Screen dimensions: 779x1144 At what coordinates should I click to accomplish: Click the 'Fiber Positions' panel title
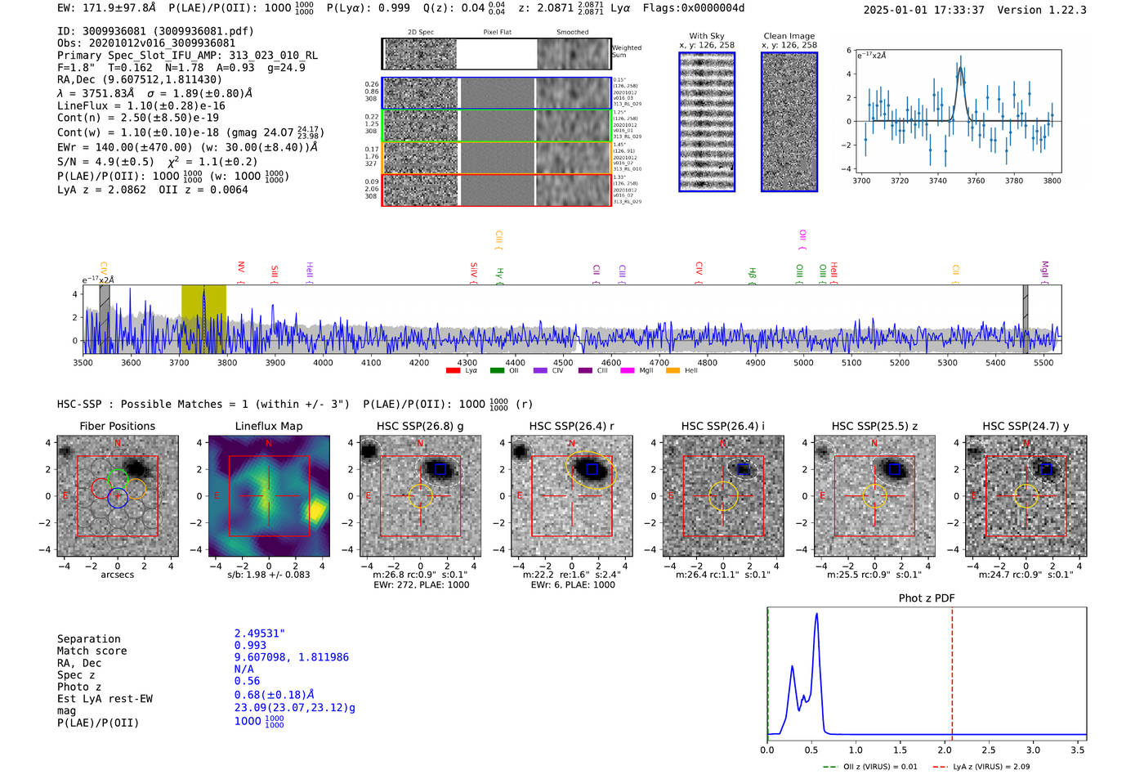tap(117, 426)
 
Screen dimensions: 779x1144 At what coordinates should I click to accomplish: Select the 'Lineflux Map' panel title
tap(268, 426)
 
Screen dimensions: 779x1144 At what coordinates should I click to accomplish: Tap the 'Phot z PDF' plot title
tap(926, 598)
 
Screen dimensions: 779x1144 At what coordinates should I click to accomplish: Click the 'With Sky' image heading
tap(706, 36)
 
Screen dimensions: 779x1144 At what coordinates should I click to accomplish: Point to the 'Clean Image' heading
tap(789, 36)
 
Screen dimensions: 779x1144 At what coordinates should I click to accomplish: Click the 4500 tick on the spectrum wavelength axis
tap(563, 362)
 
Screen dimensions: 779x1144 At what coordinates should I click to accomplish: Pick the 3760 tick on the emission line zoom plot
tap(976, 181)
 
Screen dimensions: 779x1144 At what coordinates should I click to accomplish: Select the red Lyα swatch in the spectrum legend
tap(453, 371)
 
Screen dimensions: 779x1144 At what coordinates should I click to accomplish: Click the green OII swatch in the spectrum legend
tap(497, 371)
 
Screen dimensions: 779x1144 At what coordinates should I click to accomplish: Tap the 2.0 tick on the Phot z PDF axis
tap(944, 750)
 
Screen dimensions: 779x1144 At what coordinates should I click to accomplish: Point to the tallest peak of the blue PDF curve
tap(816, 614)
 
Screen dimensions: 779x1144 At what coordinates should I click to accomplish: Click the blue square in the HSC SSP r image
tap(592, 469)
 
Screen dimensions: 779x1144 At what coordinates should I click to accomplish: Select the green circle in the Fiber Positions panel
tap(118, 478)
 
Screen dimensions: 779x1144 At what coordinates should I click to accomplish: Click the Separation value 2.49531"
tap(259, 633)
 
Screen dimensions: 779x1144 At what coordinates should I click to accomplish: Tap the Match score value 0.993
tap(250, 645)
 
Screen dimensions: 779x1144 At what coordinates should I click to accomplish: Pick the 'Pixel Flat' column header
tap(497, 33)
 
